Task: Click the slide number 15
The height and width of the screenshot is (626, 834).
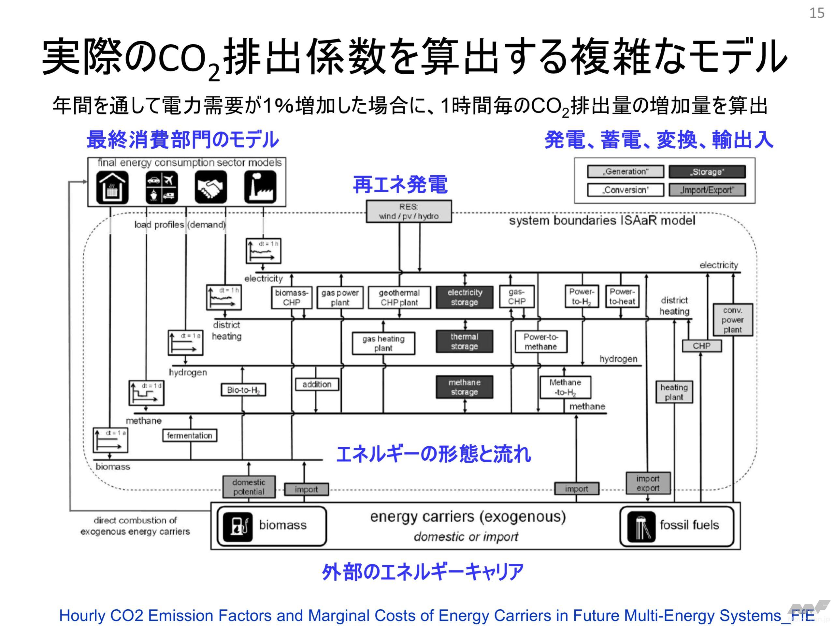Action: (x=817, y=14)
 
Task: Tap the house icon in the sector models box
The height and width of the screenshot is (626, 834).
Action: (x=112, y=187)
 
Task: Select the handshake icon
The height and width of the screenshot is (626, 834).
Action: (x=211, y=187)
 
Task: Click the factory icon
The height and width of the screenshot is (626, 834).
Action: (x=260, y=187)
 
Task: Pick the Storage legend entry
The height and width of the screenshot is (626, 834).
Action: (x=707, y=172)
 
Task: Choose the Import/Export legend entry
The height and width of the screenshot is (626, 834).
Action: (x=707, y=190)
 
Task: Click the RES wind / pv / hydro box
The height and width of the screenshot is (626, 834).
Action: (x=409, y=212)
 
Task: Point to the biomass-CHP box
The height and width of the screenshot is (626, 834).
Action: (x=292, y=298)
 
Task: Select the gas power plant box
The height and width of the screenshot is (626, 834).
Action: (x=340, y=298)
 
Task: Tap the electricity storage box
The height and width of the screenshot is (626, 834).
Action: (x=465, y=298)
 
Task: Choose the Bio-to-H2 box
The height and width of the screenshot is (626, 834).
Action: (x=243, y=390)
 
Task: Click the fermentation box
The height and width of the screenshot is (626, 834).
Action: (x=190, y=436)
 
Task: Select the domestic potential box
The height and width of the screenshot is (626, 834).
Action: (x=249, y=487)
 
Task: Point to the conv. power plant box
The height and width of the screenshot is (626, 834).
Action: (x=732, y=320)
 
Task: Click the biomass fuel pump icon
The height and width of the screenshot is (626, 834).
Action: (x=237, y=526)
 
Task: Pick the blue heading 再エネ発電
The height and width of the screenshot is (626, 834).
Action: (x=400, y=185)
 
